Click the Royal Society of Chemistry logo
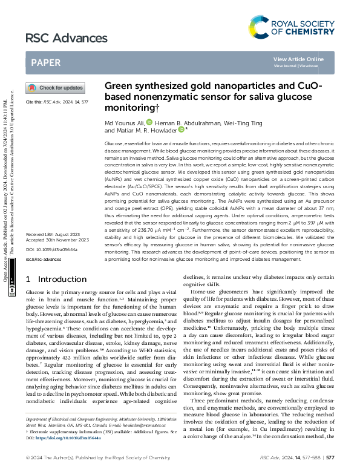coord(291,26)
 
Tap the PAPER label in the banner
coord(45,62)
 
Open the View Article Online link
coord(298,59)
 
